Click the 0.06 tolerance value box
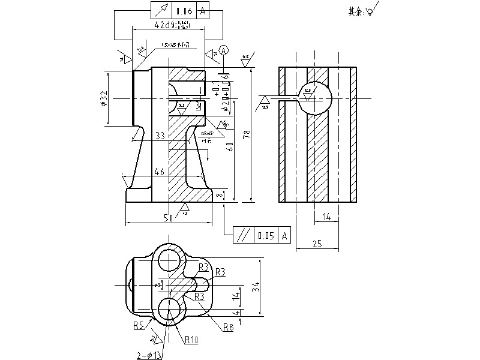point(184,11)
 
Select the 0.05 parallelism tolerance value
point(265,235)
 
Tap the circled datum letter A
point(224,50)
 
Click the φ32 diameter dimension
point(104,98)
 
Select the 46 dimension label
point(159,172)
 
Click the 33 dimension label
point(160,136)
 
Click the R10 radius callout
point(191,340)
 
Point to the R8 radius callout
point(228,327)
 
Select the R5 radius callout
point(139,325)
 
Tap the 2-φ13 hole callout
point(149,355)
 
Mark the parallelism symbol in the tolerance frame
point(242,235)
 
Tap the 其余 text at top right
point(356,11)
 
